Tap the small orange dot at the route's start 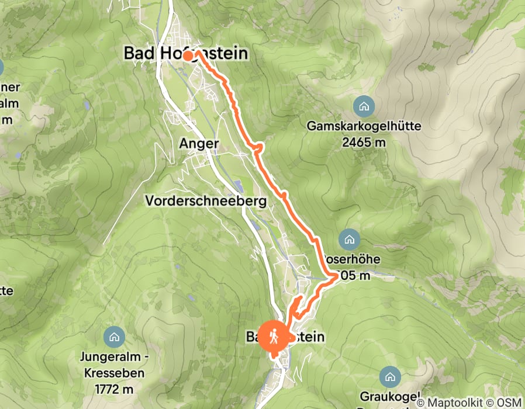(188, 56)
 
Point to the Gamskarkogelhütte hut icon (364, 106)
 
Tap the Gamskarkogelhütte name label (364, 126)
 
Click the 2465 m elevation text (364, 141)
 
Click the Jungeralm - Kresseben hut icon (113, 337)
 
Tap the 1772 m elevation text (113, 389)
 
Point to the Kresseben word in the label (113, 372)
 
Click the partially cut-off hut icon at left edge (1, 66)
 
